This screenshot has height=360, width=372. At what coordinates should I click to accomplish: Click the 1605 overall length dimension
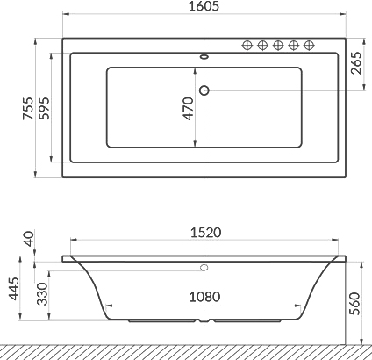pyautogui.click(x=204, y=6)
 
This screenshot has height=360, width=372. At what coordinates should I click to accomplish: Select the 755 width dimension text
pyautogui.click(x=29, y=108)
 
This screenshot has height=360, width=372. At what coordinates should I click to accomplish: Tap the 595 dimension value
pyautogui.click(x=45, y=108)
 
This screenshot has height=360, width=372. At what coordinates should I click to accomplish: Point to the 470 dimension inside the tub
pyautogui.click(x=189, y=108)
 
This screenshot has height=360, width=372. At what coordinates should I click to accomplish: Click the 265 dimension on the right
pyautogui.click(x=356, y=63)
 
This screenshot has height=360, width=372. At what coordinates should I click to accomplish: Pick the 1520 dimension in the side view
pyautogui.click(x=206, y=233)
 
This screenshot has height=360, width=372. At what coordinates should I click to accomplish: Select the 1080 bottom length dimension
pyautogui.click(x=204, y=297)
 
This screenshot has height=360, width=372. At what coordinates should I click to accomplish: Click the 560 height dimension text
pyautogui.click(x=354, y=303)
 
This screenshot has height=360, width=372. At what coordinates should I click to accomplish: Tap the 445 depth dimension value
pyautogui.click(x=13, y=289)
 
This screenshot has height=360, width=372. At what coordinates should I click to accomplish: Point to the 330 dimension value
pyautogui.click(x=43, y=294)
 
